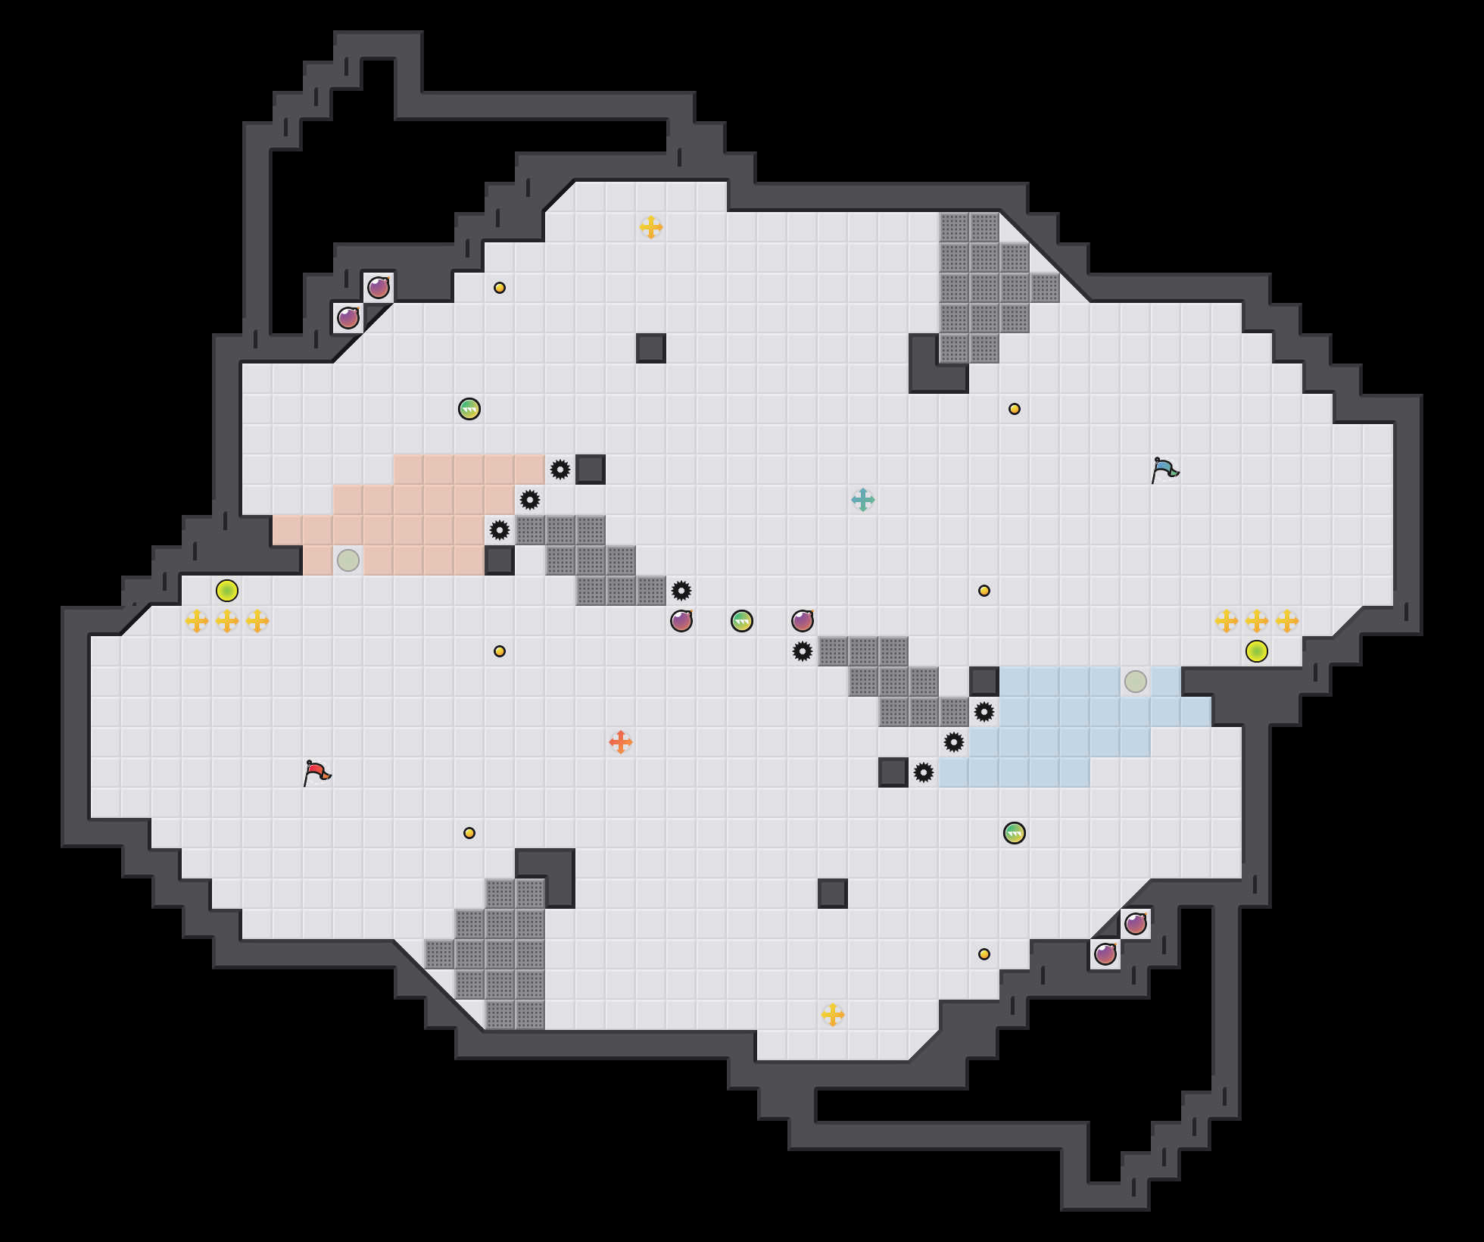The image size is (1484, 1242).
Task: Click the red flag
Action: [x=317, y=772]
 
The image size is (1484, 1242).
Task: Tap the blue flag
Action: [x=1165, y=470]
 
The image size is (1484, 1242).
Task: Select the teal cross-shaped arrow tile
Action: [x=863, y=500]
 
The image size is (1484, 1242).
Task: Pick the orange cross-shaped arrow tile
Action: [x=621, y=742]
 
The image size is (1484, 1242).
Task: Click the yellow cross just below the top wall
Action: [x=651, y=227]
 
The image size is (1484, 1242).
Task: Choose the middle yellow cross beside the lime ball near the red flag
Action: [x=227, y=621]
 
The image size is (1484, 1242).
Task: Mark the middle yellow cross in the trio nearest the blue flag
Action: [x=1257, y=621]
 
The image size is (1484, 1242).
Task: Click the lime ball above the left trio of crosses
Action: [x=227, y=591]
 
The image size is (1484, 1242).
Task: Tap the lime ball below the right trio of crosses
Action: [x=1257, y=651]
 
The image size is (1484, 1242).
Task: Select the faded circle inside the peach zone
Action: [x=348, y=560]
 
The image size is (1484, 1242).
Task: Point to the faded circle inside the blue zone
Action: [x=1136, y=682]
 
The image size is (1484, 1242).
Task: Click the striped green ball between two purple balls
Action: [x=742, y=621]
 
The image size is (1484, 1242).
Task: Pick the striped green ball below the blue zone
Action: [x=1015, y=833]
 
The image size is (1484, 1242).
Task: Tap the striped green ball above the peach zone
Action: [x=469, y=409]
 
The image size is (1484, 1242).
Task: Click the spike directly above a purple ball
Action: [x=681, y=591]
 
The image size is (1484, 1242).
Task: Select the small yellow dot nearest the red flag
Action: [x=469, y=833]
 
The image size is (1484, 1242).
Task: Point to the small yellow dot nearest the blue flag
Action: [x=1015, y=409]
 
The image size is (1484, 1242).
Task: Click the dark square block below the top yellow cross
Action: [x=651, y=348]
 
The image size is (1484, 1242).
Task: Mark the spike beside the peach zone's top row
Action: [x=560, y=470]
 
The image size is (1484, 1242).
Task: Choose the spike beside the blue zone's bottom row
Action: [x=924, y=772]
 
